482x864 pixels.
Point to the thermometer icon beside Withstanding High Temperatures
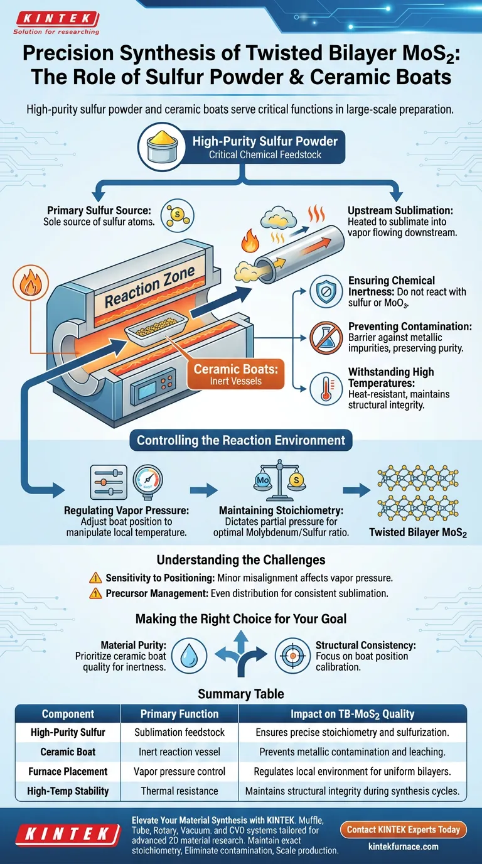pyautogui.click(x=327, y=389)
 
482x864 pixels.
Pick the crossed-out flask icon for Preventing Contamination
pyautogui.click(x=327, y=340)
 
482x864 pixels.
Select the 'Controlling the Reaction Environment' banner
pyautogui.click(x=241, y=440)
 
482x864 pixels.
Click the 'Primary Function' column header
pyautogui.click(x=179, y=714)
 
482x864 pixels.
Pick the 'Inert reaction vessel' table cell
pyautogui.click(x=179, y=752)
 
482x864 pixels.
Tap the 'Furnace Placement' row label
pyautogui.click(x=68, y=772)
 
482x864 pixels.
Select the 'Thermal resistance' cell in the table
pyautogui.click(x=179, y=791)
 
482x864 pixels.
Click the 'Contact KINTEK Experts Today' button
pyautogui.click(x=403, y=829)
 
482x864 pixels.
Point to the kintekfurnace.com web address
pyautogui.click(x=403, y=846)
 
